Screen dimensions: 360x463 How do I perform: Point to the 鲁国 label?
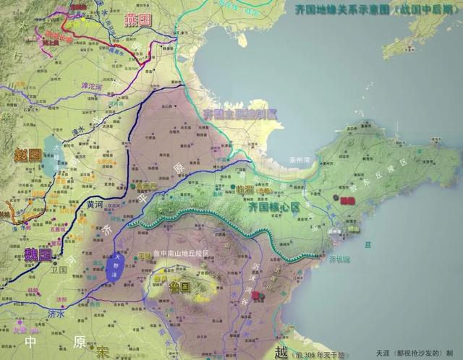179,286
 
